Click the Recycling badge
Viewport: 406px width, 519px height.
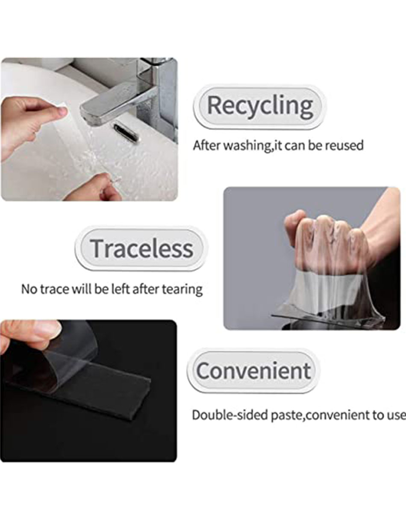point(260,107)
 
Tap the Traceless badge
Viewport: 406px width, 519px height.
point(142,249)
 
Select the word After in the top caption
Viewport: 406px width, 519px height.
point(207,145)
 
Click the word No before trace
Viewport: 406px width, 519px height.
point(29,289)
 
